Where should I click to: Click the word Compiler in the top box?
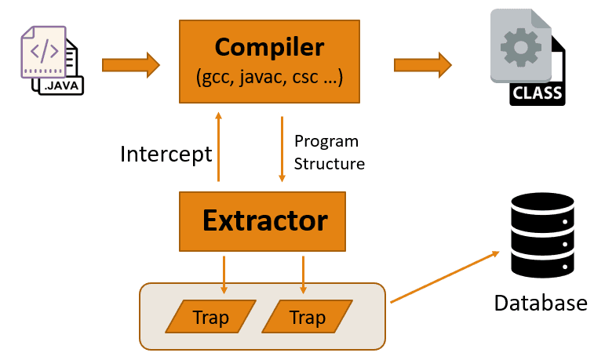[x=269, y=48]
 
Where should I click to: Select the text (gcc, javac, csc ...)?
[x=269, y=78]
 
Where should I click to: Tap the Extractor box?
[x=264, y=221]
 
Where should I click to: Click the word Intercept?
[x=166, y=154]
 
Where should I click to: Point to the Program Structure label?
[x=329, y=152]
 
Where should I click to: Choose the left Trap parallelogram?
[x=211, y=318]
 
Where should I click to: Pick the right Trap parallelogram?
[x=307, y=318]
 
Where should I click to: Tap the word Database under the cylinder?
[x=541, y=303]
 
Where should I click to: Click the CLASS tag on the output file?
[x=537, y=93]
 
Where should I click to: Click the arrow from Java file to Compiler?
[x=130, y=63]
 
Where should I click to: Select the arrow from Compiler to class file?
[x=422, y=64]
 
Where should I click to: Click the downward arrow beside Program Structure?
[x=281, y=149]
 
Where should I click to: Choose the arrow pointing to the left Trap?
[x=224, y=275]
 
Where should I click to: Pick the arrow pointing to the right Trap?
[x=303, y=275]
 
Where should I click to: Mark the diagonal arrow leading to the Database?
[x=444, y=276]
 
